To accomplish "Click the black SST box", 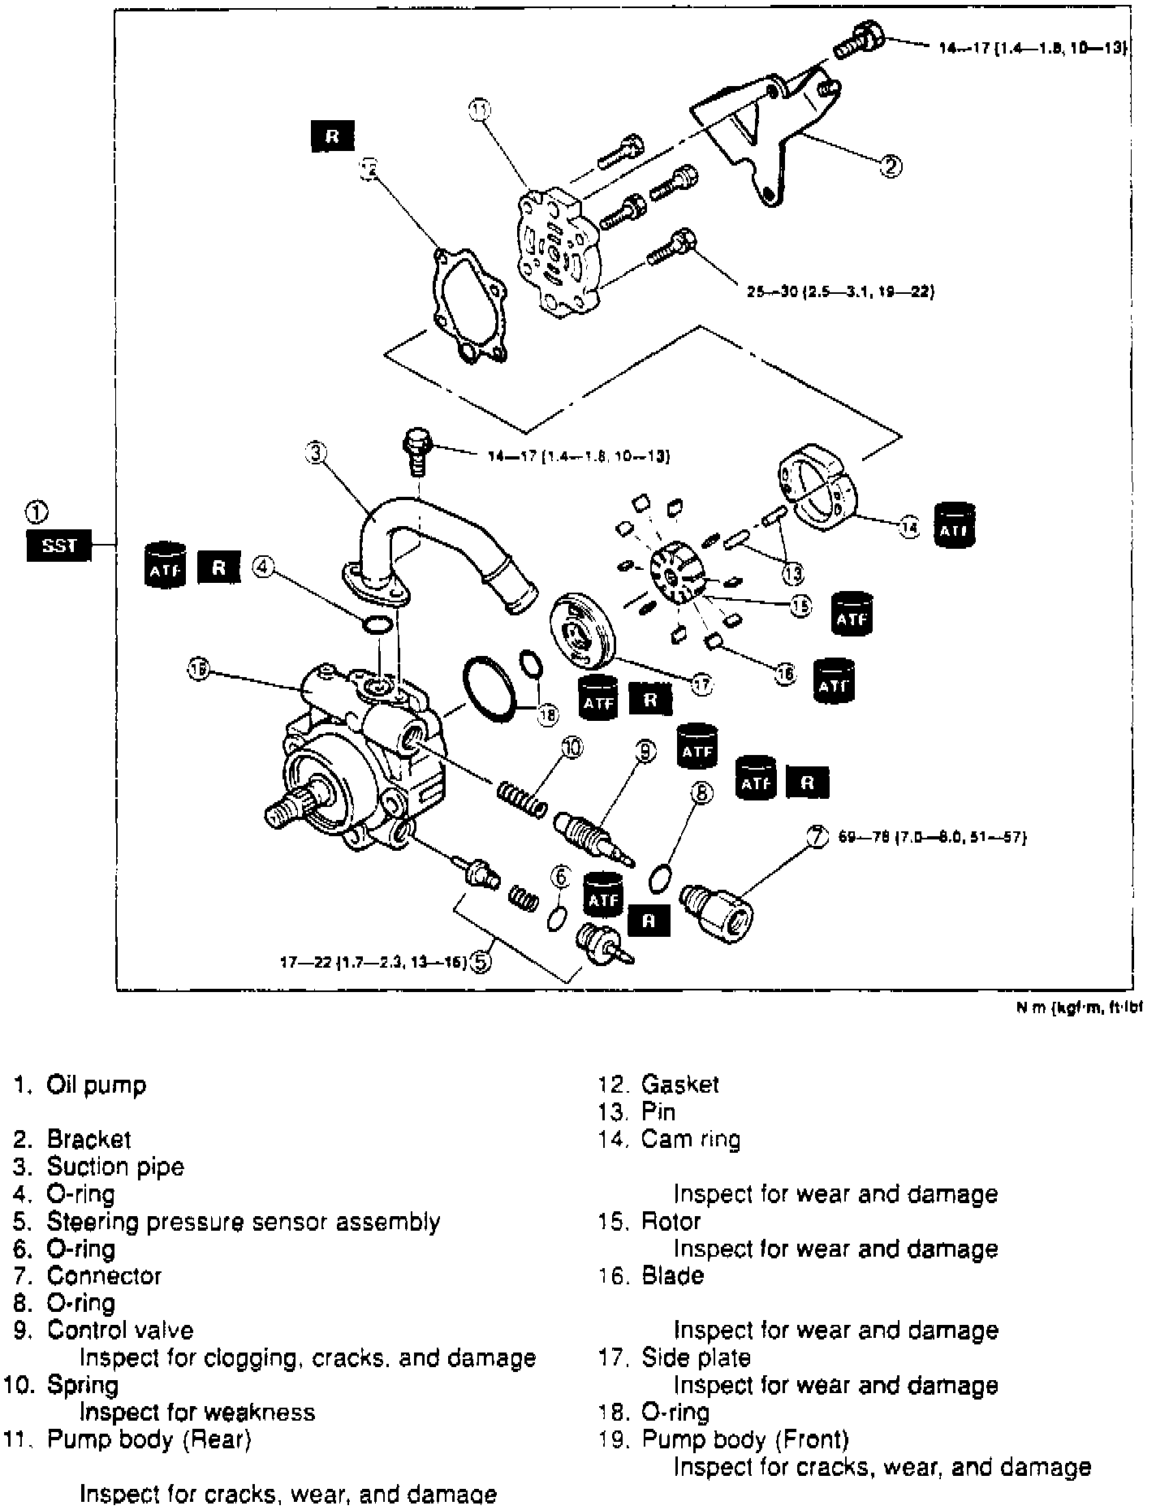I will tap(58, 546).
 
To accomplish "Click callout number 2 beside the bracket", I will tap(891, 166).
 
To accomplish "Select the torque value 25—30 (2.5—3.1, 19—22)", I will tap(840, 291).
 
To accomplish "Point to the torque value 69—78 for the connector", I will tap(933, 837).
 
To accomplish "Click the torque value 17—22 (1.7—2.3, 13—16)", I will tap(373, 963).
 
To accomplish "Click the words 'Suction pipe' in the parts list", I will tap(115, 1167).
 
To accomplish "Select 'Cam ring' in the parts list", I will tap(691, 1139).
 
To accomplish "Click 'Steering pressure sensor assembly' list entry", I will tap(244, 1221).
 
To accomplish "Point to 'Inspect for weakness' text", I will tap(196, 1412).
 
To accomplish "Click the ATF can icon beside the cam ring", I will tap(955, 525).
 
